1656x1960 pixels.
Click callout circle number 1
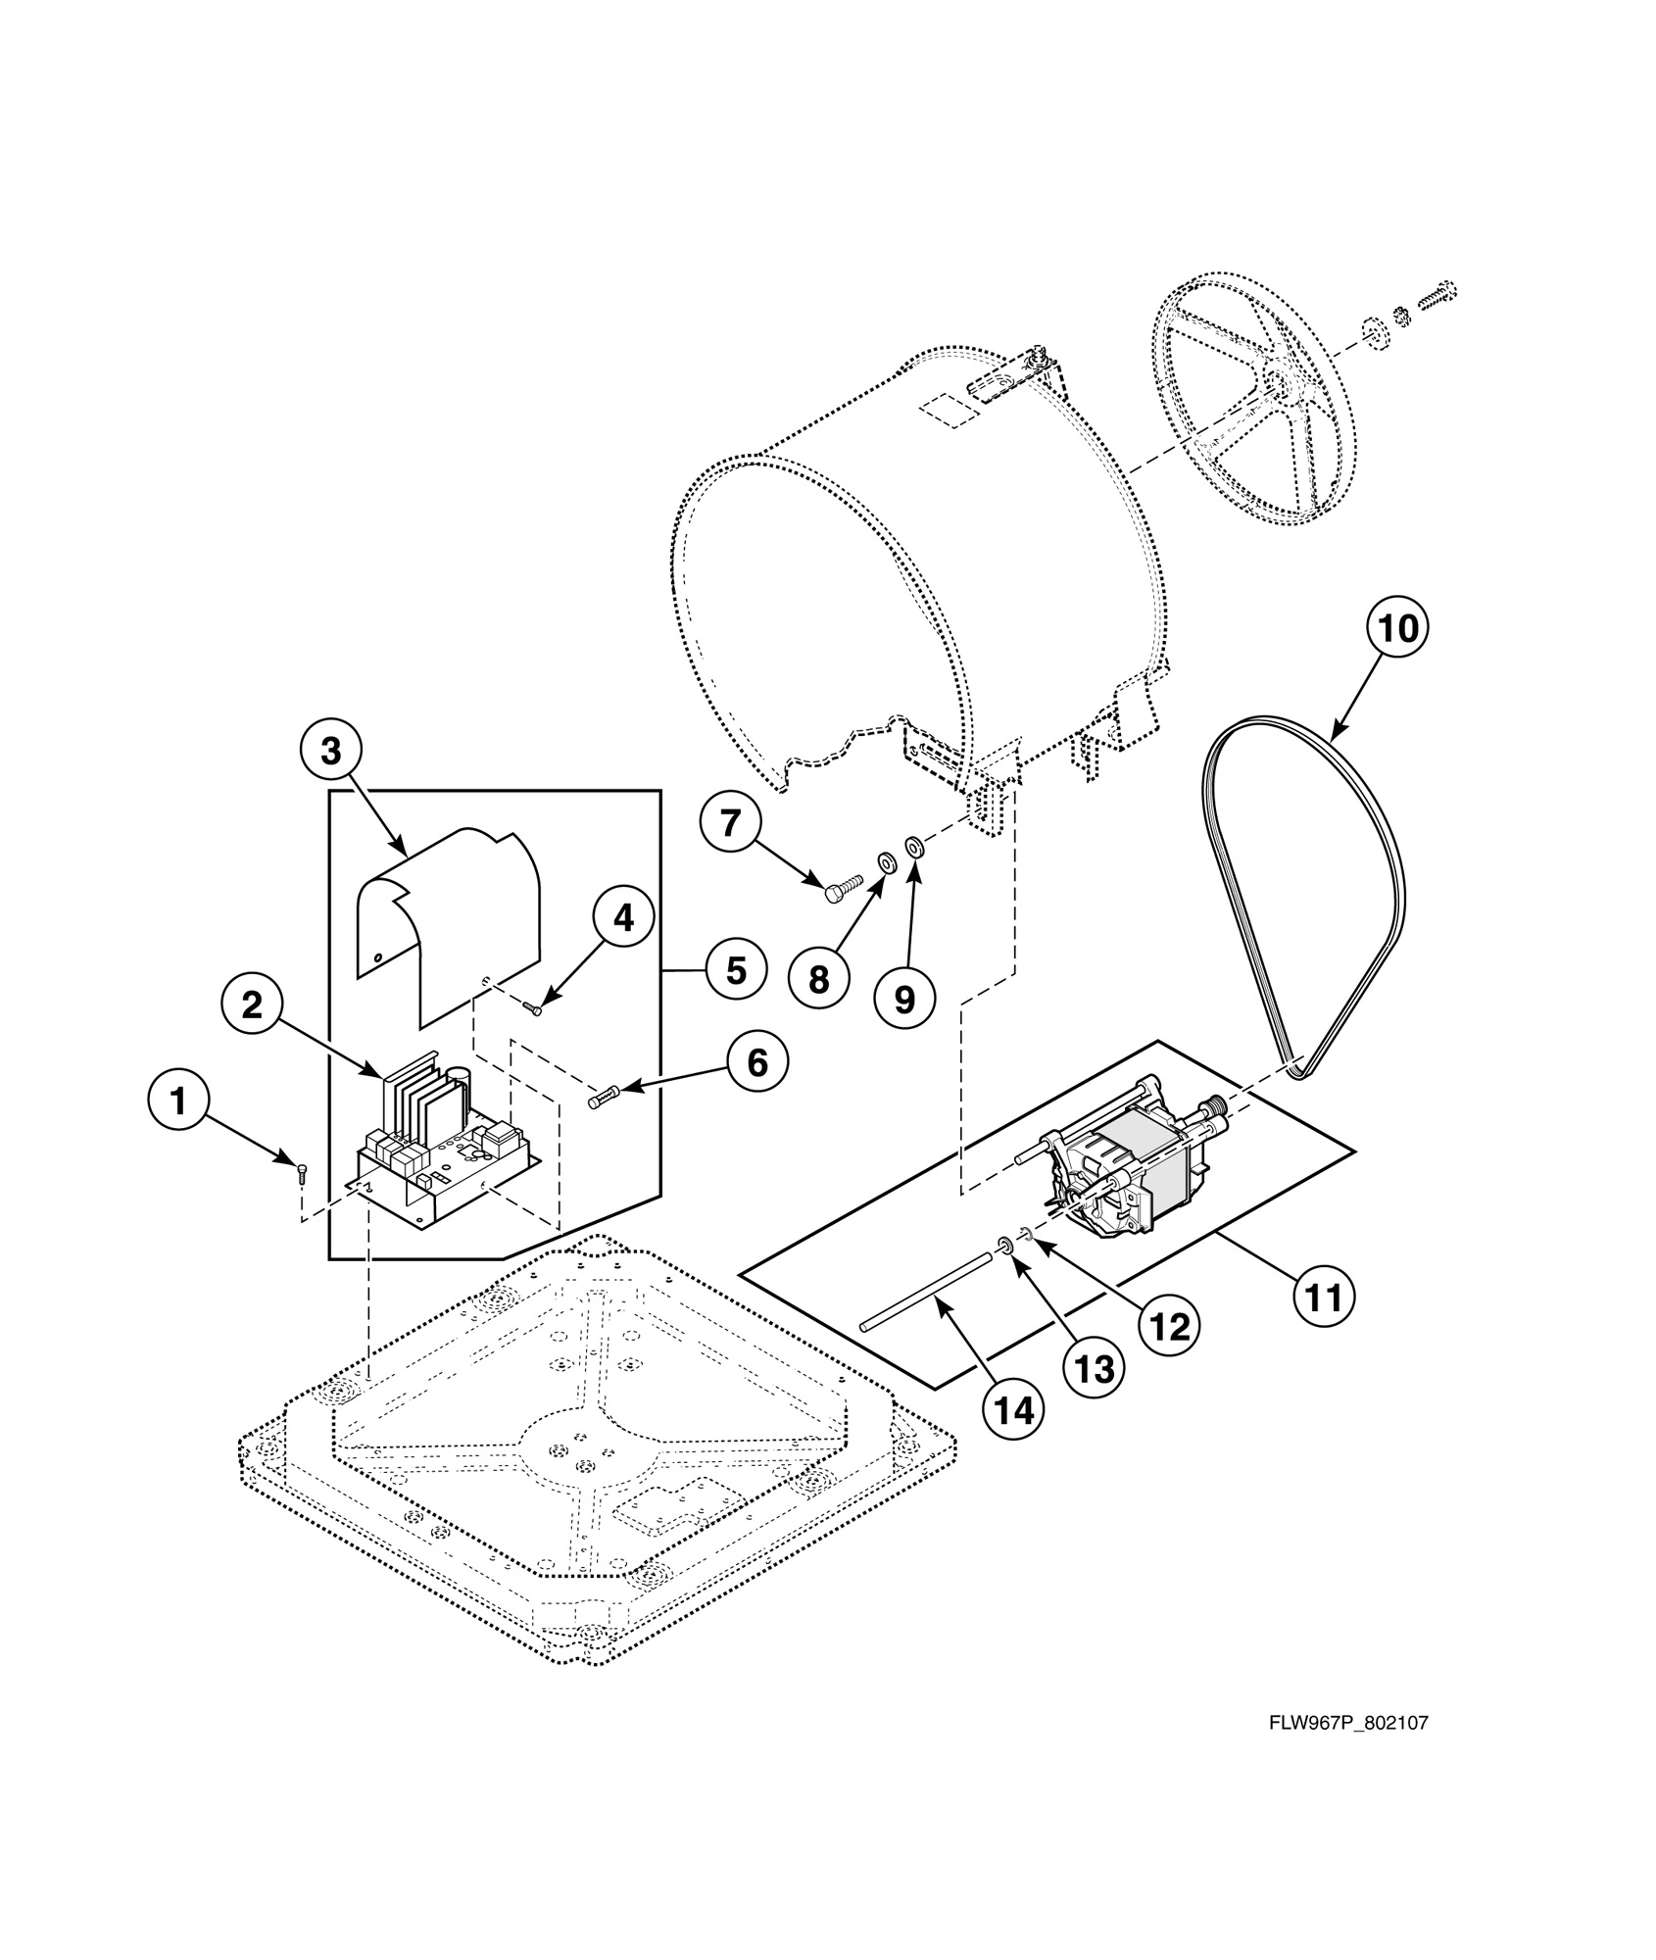(x=178, y=1102)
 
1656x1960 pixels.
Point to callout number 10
(x=1397, y=628)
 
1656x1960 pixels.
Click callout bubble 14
(x=1014, y=1411)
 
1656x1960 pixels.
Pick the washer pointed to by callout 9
(x=913, y=844)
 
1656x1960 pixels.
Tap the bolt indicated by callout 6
(x=601, y=1101)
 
